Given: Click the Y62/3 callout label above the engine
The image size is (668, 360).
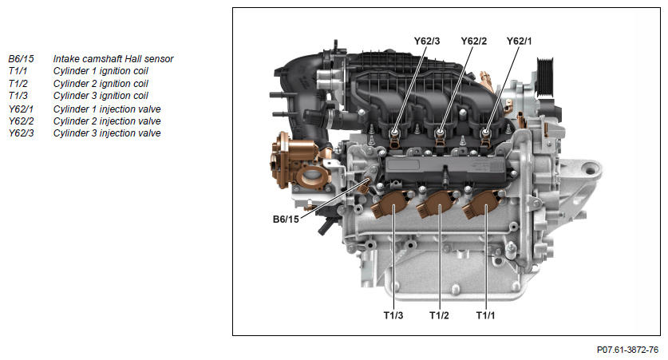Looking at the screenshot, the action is click(426, 41).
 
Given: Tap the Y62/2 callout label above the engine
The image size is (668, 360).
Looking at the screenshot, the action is click(473, 41).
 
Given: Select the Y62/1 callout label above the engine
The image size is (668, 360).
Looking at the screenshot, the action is click(519, 41).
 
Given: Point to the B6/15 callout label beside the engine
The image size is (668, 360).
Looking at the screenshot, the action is click(286, 219).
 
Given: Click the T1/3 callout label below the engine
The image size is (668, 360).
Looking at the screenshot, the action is click(393, 315).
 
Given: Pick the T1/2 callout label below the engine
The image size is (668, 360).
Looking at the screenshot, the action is click(439, 315).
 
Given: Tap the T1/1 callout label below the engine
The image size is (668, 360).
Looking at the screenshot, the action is click(486, 315).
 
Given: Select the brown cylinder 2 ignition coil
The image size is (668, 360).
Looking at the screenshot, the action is click(437, 204).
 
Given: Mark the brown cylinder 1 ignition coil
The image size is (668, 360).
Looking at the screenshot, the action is click(483, 204).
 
